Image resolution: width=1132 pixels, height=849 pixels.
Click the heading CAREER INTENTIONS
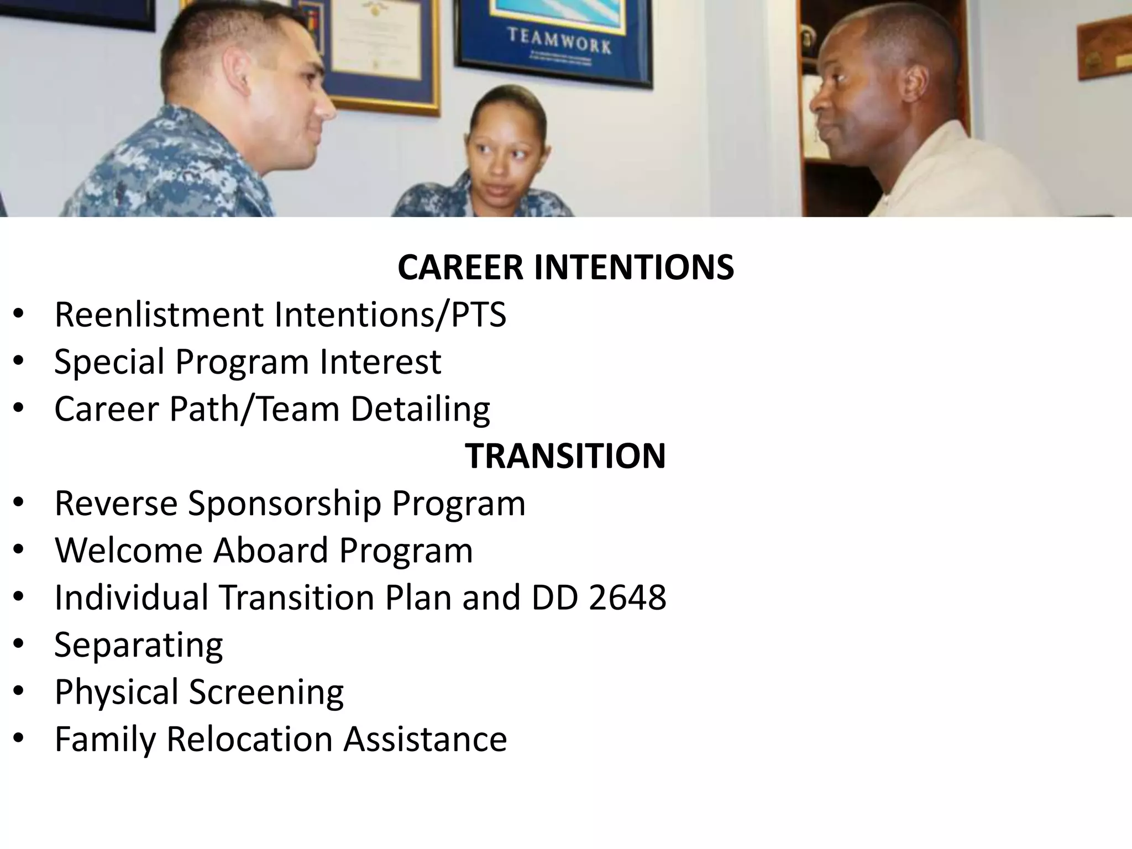point(565,268)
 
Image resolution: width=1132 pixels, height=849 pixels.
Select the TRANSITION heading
point(565,456)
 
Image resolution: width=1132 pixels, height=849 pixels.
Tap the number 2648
point(627,598)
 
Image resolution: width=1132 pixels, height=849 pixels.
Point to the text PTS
point(479,315)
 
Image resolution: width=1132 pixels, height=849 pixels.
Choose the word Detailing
point(420,410)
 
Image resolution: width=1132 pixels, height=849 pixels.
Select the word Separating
point(139,645)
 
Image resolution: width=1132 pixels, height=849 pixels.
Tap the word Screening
point(266,692)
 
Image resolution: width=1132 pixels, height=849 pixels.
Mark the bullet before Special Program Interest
point(18,362)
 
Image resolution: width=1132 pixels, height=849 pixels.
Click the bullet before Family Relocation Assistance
point(18,739)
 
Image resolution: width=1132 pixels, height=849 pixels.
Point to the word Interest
point(381,362)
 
